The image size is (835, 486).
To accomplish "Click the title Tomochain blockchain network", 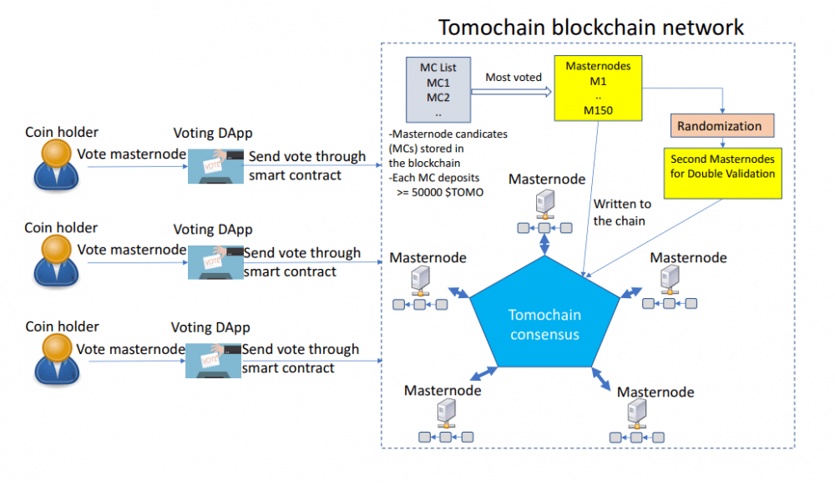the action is pyautogui.click(x=590, y=28).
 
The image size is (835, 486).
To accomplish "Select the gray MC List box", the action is pyautogui.click(x=438, y=90).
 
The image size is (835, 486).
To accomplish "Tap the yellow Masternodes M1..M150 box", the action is pyautogui.click(x=598, y=89).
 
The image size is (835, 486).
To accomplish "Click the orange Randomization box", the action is pyautogui.click(x=722, y=125).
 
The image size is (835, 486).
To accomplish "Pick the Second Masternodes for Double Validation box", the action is pyautogui.click(x=722, y=174).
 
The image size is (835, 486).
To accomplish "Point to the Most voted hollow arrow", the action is pyautogui.click(x=511, y=92).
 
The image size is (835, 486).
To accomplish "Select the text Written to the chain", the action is pyautogui.click(x=622, y=212).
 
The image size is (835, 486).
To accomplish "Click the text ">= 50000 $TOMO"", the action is pyautogui.click(x=440, y=192).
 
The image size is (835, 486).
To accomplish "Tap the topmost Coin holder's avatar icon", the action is pyautogui.click(x=56, y=165).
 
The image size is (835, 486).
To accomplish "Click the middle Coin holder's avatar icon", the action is pyautogui.click(x=56, y=261).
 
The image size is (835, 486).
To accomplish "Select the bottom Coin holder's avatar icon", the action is pyautogui.click(x=57, y=359).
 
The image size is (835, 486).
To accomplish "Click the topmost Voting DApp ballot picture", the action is pyautogui.click(x=215, y=166).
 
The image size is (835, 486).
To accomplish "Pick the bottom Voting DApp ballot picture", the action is pyautogui.click(x=213, y=361).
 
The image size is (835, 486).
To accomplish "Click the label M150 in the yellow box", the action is pyautogui.click(x=598, y=110).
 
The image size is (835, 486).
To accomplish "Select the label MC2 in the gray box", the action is pyautogui.click(x=438, y=98).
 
